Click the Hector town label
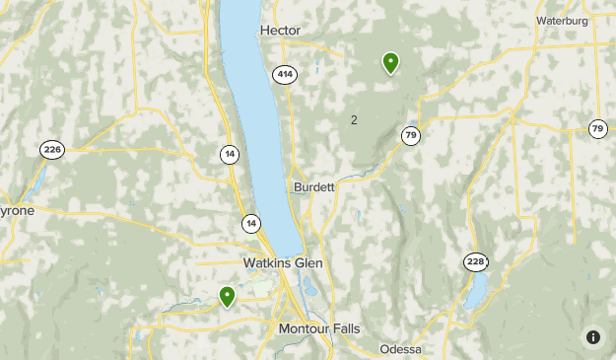coord(281,31)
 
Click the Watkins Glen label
coord(283,263)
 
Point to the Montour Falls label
coord(319,328)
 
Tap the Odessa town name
coord(401,350)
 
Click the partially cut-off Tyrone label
coord(17,211)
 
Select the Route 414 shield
coord(285,75)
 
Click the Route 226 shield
coord(52,150)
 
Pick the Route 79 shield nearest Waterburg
coord(597,129)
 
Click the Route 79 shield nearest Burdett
coord(411,134)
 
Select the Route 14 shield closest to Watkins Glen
coord(252,224)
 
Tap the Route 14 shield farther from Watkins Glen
coord(229,153)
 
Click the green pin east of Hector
coord(390,63)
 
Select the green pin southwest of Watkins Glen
coord(228,295)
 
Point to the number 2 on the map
coord(354,120)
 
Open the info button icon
coord(592,336)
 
